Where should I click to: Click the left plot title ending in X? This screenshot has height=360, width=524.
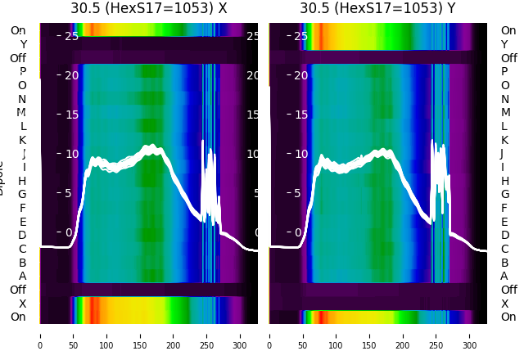tap(149, 8)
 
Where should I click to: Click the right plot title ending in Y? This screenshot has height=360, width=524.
tap(377, 8)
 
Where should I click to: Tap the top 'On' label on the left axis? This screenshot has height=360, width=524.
tap(18, 30)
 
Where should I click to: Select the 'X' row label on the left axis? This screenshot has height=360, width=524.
tap(22, 304)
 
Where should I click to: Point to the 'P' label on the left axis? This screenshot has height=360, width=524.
tap(22, 71)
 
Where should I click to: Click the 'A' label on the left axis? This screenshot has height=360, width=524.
tap(22, 276)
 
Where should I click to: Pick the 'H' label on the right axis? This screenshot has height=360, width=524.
tap(504, 181)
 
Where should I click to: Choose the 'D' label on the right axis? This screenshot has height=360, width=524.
tap(504, 236)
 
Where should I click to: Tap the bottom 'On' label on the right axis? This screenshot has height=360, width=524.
tap(508, 317)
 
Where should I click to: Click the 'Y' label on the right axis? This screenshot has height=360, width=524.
tap(504, 44)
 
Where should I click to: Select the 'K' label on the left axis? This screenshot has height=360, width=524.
tap(22, 140)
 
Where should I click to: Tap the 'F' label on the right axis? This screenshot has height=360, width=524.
tap(504, 208)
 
